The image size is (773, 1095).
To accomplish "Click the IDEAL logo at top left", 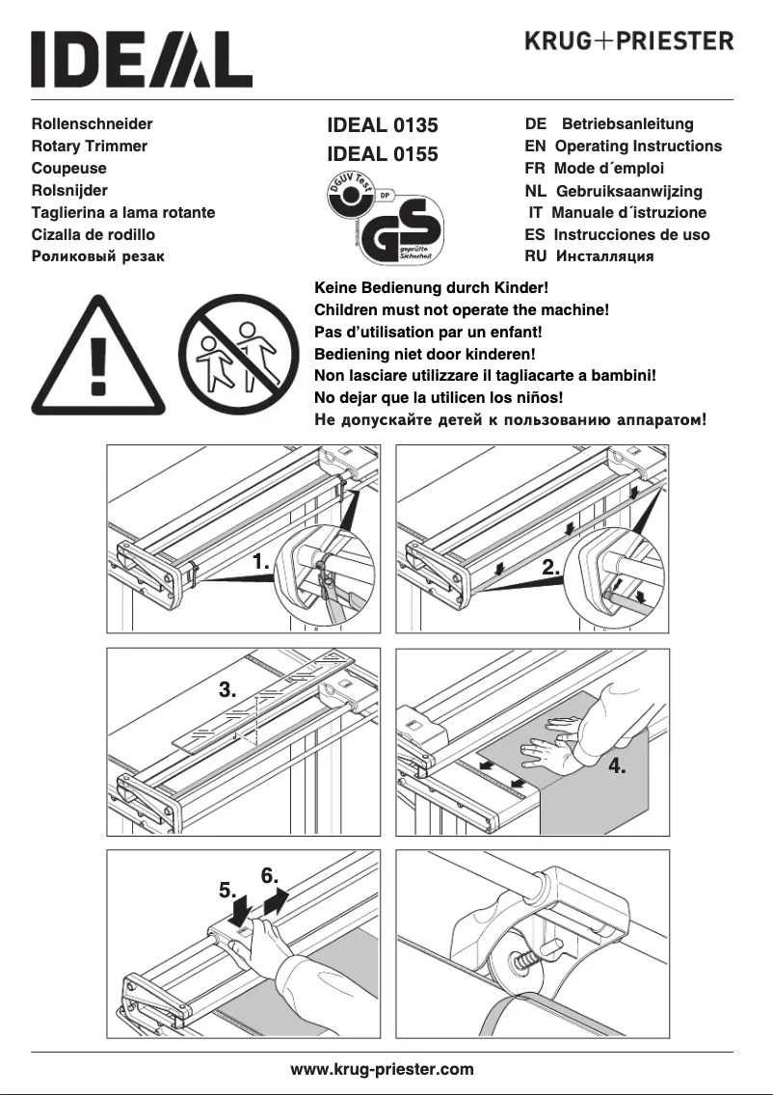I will point(142,60).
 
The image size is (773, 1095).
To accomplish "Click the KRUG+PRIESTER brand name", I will point(628,41).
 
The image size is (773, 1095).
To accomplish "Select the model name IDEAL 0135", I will point(383,125).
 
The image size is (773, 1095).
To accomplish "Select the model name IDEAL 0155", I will point(383,154).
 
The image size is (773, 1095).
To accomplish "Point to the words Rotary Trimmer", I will point(90,147).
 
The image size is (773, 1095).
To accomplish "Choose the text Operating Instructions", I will point(638,147).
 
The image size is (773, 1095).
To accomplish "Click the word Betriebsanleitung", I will point(627,124).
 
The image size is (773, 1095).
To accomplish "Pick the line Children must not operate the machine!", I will point(462,310).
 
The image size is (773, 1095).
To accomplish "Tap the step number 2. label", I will point(551,568).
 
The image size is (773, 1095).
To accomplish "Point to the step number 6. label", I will point(271,876).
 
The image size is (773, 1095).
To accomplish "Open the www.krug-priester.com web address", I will point(383,1069).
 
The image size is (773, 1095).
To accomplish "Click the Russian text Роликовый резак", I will point(98,256).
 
